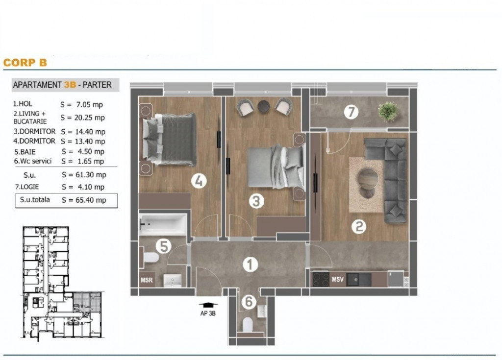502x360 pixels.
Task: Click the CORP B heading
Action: [x=25, y=62]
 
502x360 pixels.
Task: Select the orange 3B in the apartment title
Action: [x=70, y=85]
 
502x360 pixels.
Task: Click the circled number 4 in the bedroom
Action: [x=199, y=181]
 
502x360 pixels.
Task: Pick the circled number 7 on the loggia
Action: [x=351, y=112]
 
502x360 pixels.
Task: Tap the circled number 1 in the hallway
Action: [x=250, y=264]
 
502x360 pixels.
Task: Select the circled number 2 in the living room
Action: [x=359, y=227]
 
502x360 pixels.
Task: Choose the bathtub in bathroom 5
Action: [x=163, y=224]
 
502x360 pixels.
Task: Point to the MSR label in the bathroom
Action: [x=147, y=280]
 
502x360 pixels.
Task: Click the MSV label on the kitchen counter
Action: [x=337, y=280]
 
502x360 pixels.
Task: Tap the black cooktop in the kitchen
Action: [x=321, y=279]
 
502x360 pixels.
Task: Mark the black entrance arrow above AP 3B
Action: [x=208, y=305]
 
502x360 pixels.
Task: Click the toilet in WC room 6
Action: [x=248, y=324]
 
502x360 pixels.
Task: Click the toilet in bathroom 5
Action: [x=150, y=258]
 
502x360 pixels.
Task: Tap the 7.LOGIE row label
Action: [x=27, y=187]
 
